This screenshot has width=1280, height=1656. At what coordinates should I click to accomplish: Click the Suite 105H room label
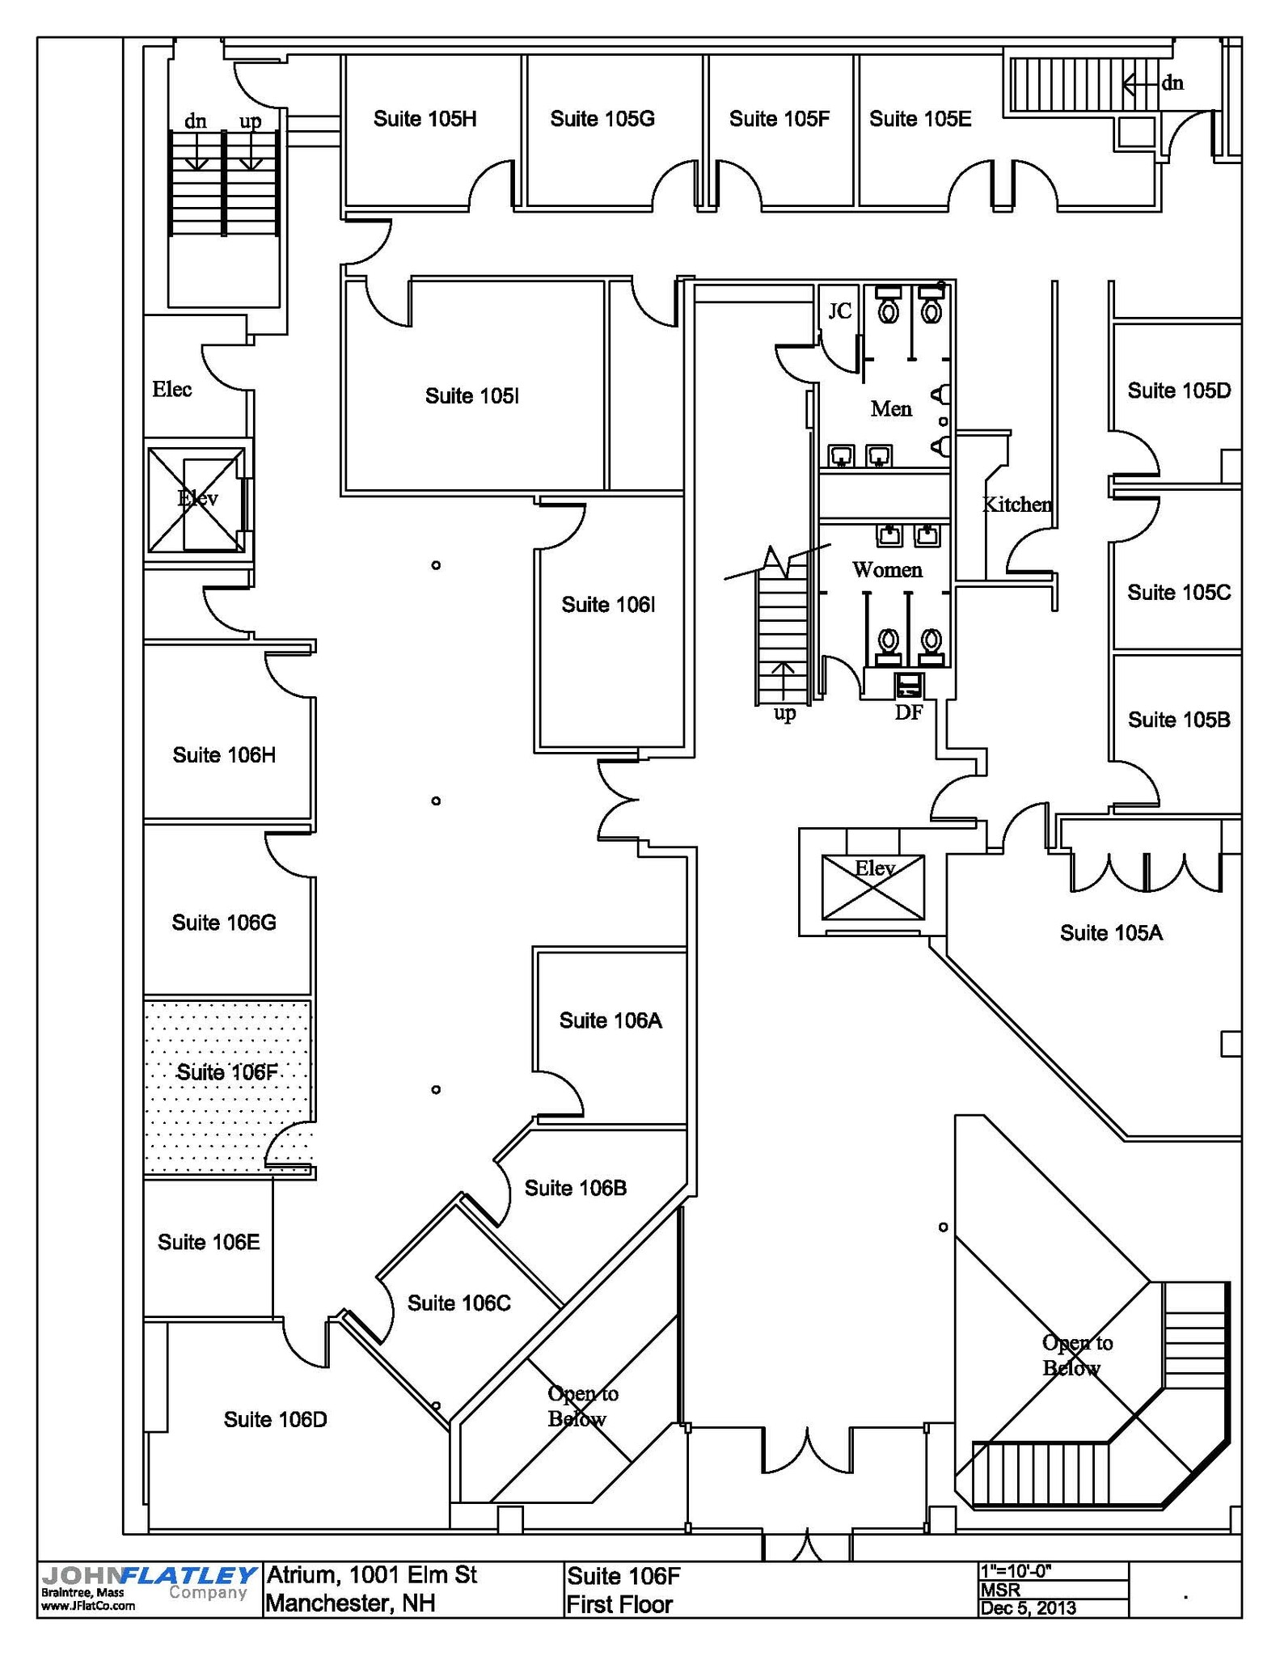[x=425, y=119]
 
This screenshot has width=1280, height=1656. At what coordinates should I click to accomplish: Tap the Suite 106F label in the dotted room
[x=227, y=1072]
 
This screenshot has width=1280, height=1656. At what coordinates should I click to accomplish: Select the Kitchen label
[x=1016, y=505]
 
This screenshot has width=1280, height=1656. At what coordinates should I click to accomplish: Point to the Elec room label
[x=172, y=389]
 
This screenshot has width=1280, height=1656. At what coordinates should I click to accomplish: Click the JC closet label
[x=840, y=310]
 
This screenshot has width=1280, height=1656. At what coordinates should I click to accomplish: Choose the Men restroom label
[x=891, y=409]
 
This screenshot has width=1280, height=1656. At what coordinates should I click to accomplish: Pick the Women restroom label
[x=887, y=570]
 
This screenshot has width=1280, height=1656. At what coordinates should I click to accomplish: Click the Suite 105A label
[x=1111, y=933]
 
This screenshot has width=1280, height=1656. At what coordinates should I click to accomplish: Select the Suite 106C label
[x=458, y=1303]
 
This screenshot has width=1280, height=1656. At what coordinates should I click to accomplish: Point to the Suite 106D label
[x=275, y=1419]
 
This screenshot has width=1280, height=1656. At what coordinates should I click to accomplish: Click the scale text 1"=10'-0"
[x=1015, y=1570]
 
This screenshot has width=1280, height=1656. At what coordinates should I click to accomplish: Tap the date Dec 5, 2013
[x=1028, y=1607]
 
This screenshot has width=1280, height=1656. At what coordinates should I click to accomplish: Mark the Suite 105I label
[x=471, y=395]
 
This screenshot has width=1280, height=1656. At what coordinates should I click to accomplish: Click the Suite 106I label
[x=608, y=605]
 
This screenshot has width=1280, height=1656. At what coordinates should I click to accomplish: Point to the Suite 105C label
[x=1179, y=593]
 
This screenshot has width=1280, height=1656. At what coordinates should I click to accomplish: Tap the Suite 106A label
[x=610, y=1020]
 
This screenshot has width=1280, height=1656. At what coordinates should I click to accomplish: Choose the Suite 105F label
[x=779, y=119]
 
